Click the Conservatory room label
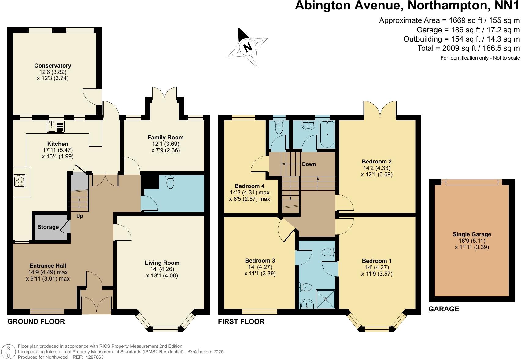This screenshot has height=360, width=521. click(53, 65)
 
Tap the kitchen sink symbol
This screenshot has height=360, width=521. click(56, 127)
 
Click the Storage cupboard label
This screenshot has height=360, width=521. click(48, 227)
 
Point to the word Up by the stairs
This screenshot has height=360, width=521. click(79, 216)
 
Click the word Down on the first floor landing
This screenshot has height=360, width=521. click(309, 164)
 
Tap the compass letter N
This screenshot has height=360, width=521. click(247, 47)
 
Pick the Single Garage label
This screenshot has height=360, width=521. click(472, 234)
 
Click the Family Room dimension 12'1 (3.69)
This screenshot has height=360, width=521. click(165, 144)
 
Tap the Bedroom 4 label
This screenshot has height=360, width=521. click(249, 186)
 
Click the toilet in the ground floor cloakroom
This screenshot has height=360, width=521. click(170, 182)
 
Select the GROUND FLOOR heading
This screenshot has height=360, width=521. click(36, 321)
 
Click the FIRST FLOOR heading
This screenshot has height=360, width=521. click(241, 321)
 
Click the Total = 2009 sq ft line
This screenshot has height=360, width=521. click(468, 48)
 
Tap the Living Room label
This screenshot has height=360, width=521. click(162, 263)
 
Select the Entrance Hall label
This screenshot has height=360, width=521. click(48, 266)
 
